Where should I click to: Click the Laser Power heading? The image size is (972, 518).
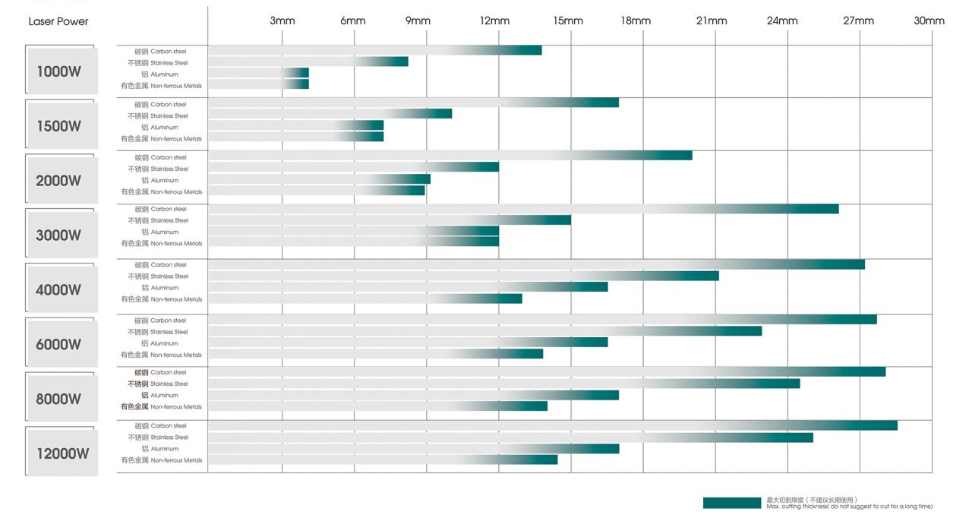coord(58,21)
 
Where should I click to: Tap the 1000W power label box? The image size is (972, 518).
coord(62,71)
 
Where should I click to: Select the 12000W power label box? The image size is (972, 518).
coord(62,453)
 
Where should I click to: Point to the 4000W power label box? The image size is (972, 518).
coord(62,289)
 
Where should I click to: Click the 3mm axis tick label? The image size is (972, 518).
coord(282,21)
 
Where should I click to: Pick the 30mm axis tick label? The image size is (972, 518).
coord(929,21)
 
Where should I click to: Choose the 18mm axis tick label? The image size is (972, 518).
coord(636,21)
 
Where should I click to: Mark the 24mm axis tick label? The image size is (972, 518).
coord(782,21)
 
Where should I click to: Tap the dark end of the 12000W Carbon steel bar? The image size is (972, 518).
coord(887,425)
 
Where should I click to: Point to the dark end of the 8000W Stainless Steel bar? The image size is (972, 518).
coord(790,384)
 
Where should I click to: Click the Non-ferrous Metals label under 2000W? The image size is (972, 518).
coord(162,192)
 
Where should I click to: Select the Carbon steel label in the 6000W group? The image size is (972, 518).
coord(160,321)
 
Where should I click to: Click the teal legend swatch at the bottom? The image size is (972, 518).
coord(731,503)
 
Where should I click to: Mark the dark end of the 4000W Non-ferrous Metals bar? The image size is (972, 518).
coord(513,298)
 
